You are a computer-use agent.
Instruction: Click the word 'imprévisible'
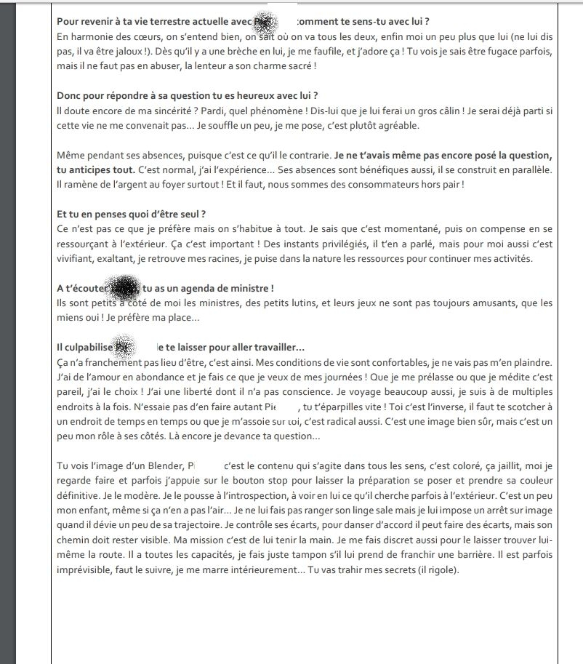(x=83, y=569)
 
